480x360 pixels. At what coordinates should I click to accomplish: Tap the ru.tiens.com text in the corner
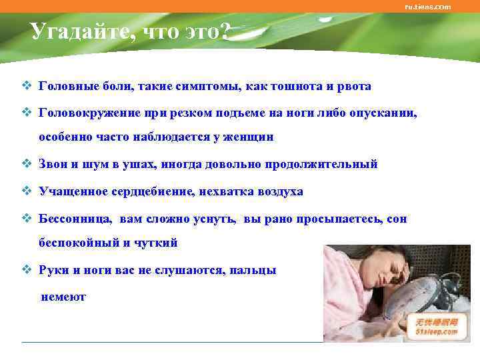[x=427, y=7]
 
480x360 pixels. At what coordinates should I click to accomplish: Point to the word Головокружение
[x=85, y=113]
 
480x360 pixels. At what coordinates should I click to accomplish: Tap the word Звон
[x=54, y=164]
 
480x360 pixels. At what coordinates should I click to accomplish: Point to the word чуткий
[x=157, y=243]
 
